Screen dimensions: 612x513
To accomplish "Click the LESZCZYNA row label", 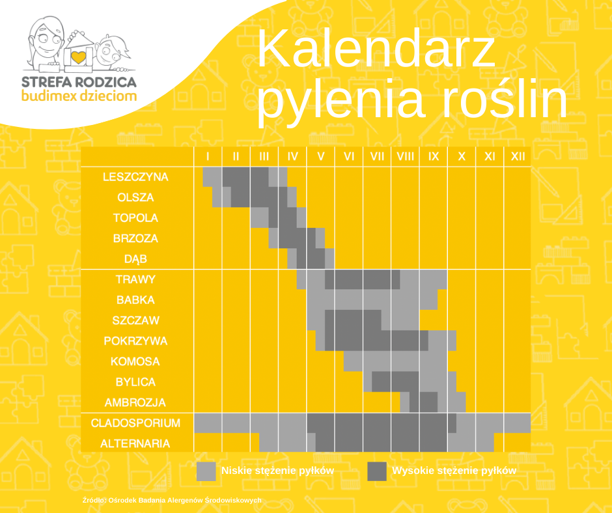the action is (x=135, y=177).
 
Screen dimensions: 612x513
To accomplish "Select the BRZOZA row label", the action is (x=135, y=238).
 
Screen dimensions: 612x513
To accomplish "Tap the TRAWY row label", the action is (x=135, y=279).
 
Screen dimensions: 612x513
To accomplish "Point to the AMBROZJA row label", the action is (x=135, y=402).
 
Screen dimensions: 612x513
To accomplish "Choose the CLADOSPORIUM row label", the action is (x=135, y=423).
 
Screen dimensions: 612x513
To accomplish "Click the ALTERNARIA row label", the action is (x=135, y=443).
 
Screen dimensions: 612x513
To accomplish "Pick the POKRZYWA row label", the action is (x=135, y=341).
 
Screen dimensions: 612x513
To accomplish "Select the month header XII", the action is (x=518, y=156).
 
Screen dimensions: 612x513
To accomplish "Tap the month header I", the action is (x=208, y=156).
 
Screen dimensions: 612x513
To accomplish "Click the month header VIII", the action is (x=405, y=156).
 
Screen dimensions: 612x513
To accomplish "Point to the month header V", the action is (x=321, y=156).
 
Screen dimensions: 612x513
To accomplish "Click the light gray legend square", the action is (x=206, y=471).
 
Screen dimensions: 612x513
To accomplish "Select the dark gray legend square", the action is (x=377, y=471).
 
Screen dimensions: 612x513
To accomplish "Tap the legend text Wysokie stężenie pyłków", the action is (x=454, y=471).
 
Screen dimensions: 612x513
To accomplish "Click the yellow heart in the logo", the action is (x=78, y=57).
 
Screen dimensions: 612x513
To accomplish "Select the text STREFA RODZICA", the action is (x=79, y=82).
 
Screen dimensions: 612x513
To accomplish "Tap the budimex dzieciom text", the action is (x=79, y=96).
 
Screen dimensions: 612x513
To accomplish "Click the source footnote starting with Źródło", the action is (x=172, y=500).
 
